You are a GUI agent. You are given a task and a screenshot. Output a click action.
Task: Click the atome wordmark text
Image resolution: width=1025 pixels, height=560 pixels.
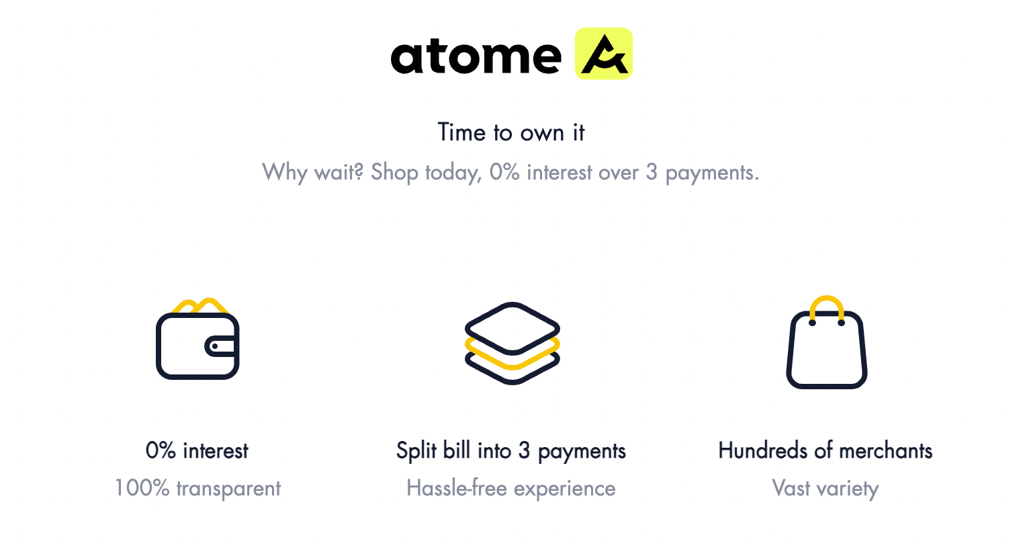tap(476, 57)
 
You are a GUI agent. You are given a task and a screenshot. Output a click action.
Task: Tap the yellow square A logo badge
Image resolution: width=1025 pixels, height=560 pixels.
tap(604, 54)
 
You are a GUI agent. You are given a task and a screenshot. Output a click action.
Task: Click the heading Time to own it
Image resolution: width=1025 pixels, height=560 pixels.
tap(511, 132)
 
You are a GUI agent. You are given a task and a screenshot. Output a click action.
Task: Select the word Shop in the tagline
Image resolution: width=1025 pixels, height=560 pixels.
tap(394, 173)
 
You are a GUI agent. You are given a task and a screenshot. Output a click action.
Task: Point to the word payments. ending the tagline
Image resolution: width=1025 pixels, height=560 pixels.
tap(712, 173)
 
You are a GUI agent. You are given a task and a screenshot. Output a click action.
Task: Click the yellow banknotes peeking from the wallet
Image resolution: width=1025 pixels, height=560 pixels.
tap(200, 306)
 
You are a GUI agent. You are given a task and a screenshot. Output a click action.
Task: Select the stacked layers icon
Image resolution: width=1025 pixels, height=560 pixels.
tap(512, 343)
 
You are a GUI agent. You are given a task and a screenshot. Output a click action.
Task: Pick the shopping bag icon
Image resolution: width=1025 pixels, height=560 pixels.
tap(826, 342)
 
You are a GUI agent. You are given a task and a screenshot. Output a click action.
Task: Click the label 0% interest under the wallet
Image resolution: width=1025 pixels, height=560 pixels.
tap(197, 450)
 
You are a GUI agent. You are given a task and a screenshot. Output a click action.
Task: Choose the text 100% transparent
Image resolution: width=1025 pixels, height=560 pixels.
tap(197, 489)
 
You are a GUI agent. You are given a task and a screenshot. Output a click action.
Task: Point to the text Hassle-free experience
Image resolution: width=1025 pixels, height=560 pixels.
tap(510, 489)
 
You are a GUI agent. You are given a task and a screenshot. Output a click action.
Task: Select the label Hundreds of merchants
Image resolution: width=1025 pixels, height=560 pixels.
tap(825, 450)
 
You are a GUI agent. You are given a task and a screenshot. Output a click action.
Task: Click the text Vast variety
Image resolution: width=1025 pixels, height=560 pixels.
tap(825, 489)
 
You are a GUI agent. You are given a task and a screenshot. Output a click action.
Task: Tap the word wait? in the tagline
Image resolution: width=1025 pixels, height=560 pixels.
tap(339, 173)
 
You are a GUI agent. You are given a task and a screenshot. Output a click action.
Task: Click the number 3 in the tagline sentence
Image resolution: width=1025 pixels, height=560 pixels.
tap(652, 173)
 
